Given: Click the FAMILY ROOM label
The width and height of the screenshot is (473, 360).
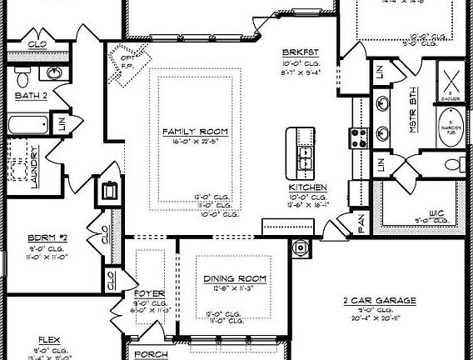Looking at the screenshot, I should [x=196, y=132].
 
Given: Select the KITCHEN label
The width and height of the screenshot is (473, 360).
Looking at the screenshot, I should [x=307, y=187].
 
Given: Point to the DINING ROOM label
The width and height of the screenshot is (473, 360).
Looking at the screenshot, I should [x=234, y=277].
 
